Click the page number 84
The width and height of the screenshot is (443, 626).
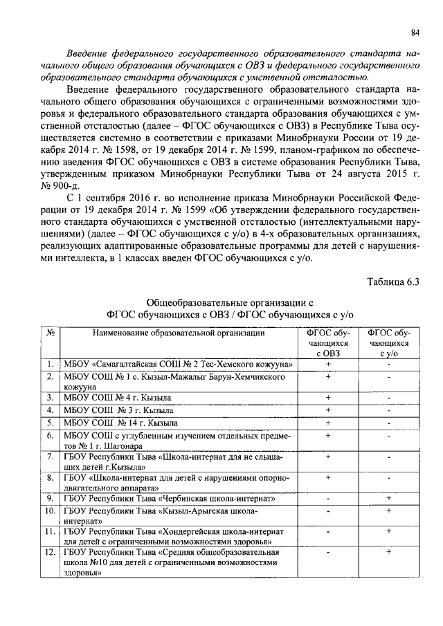[x=415, y=32]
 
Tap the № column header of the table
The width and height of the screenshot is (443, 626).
[x=51, y=333]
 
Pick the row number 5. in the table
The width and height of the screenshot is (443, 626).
[x=51, y=423]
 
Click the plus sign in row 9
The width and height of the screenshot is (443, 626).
[x=389, y=497]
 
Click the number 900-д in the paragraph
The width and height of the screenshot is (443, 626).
[x=92, y=183]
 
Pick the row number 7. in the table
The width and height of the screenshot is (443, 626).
[x=51, y=457]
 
